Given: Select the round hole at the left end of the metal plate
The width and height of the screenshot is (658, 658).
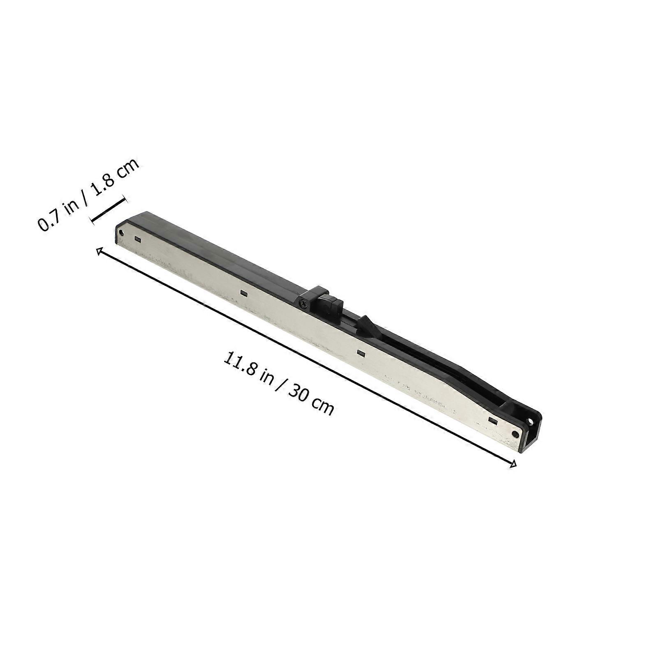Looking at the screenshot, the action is [x=120, y=233].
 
